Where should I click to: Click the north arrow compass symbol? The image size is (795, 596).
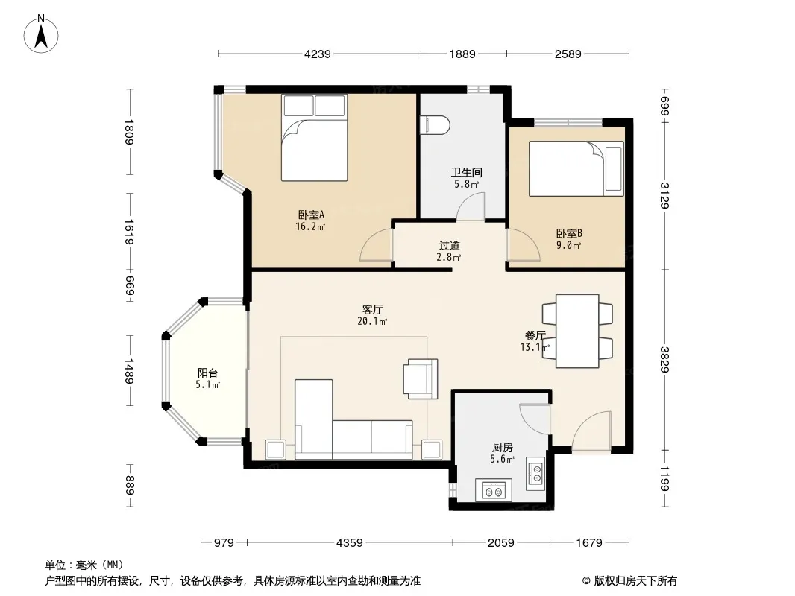coord(41,34)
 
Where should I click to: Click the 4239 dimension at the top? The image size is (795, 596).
coord(318,54)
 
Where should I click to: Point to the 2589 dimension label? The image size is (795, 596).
coord(568,54)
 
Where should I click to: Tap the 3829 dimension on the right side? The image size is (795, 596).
coord(664,359)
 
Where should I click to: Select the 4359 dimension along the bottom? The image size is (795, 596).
coord(350,543)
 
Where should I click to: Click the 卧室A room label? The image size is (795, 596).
coord(311,215)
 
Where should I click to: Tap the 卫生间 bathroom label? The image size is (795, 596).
coord(466,173)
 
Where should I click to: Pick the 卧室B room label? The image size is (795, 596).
coord(569,233)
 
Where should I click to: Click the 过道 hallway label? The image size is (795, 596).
coord(449,246)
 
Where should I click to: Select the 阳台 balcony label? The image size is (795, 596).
coord(207,373)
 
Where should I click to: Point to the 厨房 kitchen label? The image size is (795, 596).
coord(503,448)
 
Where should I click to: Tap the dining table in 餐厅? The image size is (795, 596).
coord(577,332)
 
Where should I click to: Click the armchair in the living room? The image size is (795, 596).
coord(421,378)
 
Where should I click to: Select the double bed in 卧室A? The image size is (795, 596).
coord(315,138)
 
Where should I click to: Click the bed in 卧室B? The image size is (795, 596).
coord(576,168)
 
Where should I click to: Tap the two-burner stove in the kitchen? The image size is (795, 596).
coord(493,490)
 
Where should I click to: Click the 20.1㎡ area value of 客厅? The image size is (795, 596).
coord(372,322)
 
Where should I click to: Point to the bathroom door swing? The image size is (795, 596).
coord(471,206)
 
